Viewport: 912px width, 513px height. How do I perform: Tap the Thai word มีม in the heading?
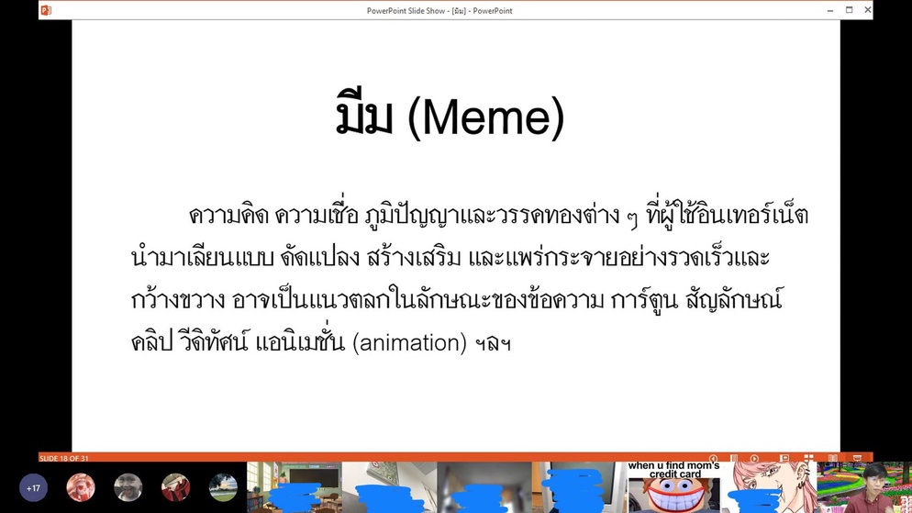point(364,113)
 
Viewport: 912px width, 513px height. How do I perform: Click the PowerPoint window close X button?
point(867,10)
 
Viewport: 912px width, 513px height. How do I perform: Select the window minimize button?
point(830,10)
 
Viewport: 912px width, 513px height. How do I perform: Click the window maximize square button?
point(849,10)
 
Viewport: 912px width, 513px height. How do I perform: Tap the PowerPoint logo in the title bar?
point(46,10)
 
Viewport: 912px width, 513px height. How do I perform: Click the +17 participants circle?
point(33,488)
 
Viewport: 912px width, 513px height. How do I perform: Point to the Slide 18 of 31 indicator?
point(64,458)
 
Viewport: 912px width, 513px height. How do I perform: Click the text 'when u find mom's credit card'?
point(674,470)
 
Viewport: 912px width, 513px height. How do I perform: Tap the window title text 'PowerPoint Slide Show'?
point(406,10)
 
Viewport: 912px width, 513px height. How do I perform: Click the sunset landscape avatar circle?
point(223,488)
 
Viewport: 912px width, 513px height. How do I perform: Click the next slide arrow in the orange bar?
point(754,458)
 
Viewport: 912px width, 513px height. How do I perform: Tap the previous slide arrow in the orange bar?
point(714,458)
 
